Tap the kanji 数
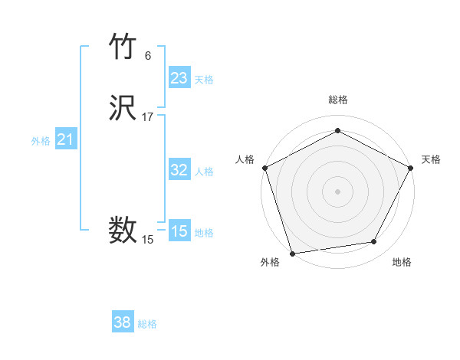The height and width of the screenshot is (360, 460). point(123,229)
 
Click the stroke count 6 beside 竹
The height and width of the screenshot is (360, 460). point(148,55)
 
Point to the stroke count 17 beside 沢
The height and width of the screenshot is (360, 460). point(148,117)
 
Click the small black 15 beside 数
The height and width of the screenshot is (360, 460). point(148,240)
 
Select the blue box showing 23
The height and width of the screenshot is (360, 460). point(179,78)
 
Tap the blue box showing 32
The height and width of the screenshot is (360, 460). point(179,170)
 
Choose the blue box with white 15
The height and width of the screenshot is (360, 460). point(179,231)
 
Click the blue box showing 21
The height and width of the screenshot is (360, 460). point(65,139)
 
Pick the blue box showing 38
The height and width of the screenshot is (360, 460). point(122,322)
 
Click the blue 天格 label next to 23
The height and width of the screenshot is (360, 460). point(204,80)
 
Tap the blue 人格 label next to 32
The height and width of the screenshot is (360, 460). point(204,172)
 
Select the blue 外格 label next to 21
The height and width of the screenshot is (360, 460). point(41,141)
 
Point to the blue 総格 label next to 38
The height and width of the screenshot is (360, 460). point(147,324)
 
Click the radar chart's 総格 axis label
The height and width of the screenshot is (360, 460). point(337,100)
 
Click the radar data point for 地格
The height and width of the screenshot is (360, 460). point(374,241)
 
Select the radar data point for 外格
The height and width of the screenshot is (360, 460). point(292,253)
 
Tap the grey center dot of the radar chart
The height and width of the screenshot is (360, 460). point(337,191)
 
